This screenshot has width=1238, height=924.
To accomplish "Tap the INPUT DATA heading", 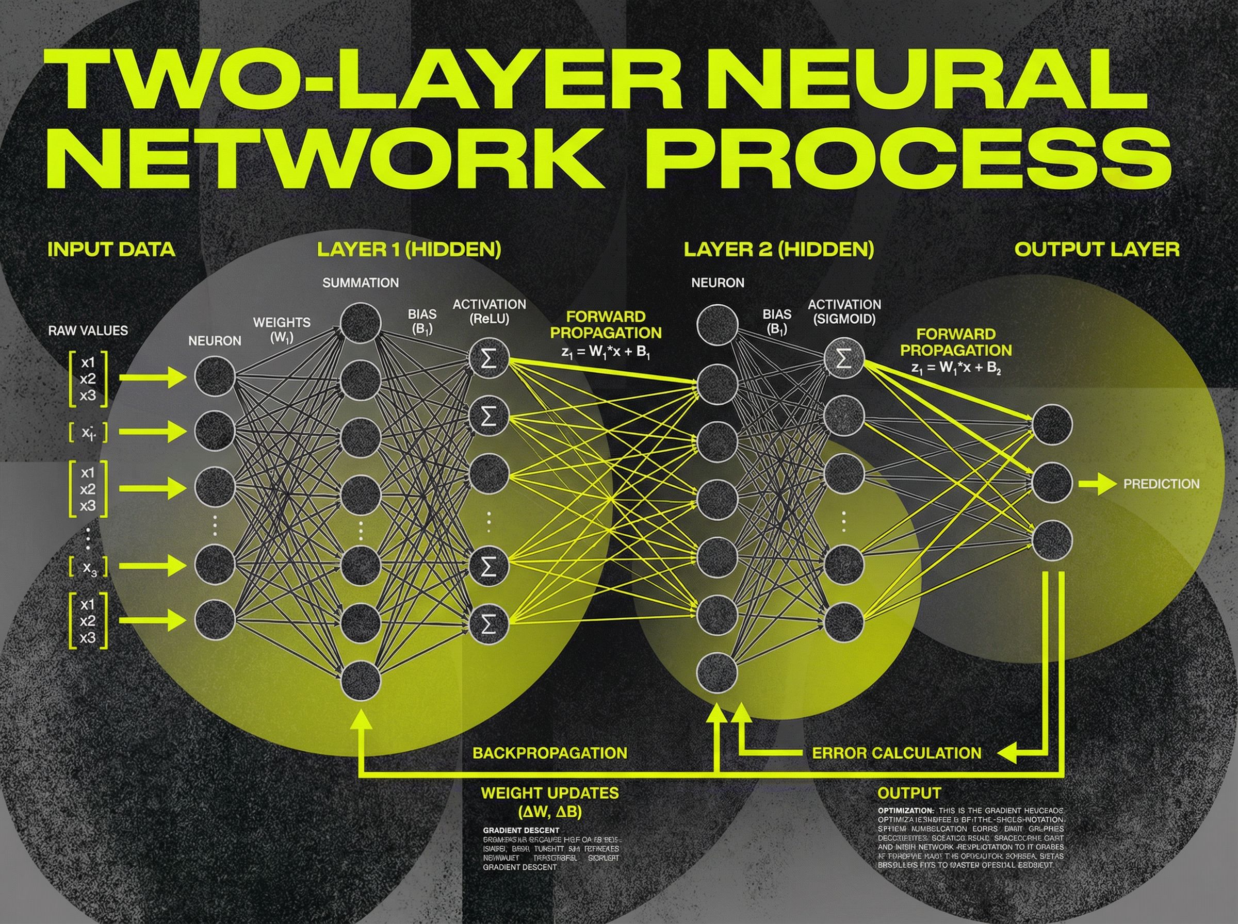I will click(111, 249).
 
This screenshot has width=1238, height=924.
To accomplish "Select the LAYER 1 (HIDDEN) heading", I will click(409, 250).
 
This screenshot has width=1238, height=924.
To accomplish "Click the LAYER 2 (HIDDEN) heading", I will click(779, 250).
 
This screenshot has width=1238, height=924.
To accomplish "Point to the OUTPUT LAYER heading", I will click(1097, 250).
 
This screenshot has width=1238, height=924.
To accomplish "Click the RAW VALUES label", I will click(88, 331).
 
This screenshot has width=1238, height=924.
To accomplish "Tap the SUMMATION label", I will click(361, 283).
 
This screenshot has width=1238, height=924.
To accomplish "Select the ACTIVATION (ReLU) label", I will click(489, 312).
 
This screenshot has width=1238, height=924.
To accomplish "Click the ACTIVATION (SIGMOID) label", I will click(844, 312).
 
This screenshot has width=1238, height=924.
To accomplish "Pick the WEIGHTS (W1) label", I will click(282, 330).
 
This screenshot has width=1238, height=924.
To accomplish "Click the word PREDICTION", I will click(1161, 484).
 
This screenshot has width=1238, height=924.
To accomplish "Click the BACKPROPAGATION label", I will click(550, 753).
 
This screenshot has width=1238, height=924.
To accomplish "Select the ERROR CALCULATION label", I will click(896, 753).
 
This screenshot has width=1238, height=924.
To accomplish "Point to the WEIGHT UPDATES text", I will click(550, 793).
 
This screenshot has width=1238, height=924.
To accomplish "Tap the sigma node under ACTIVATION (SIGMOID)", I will click(844, 358).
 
